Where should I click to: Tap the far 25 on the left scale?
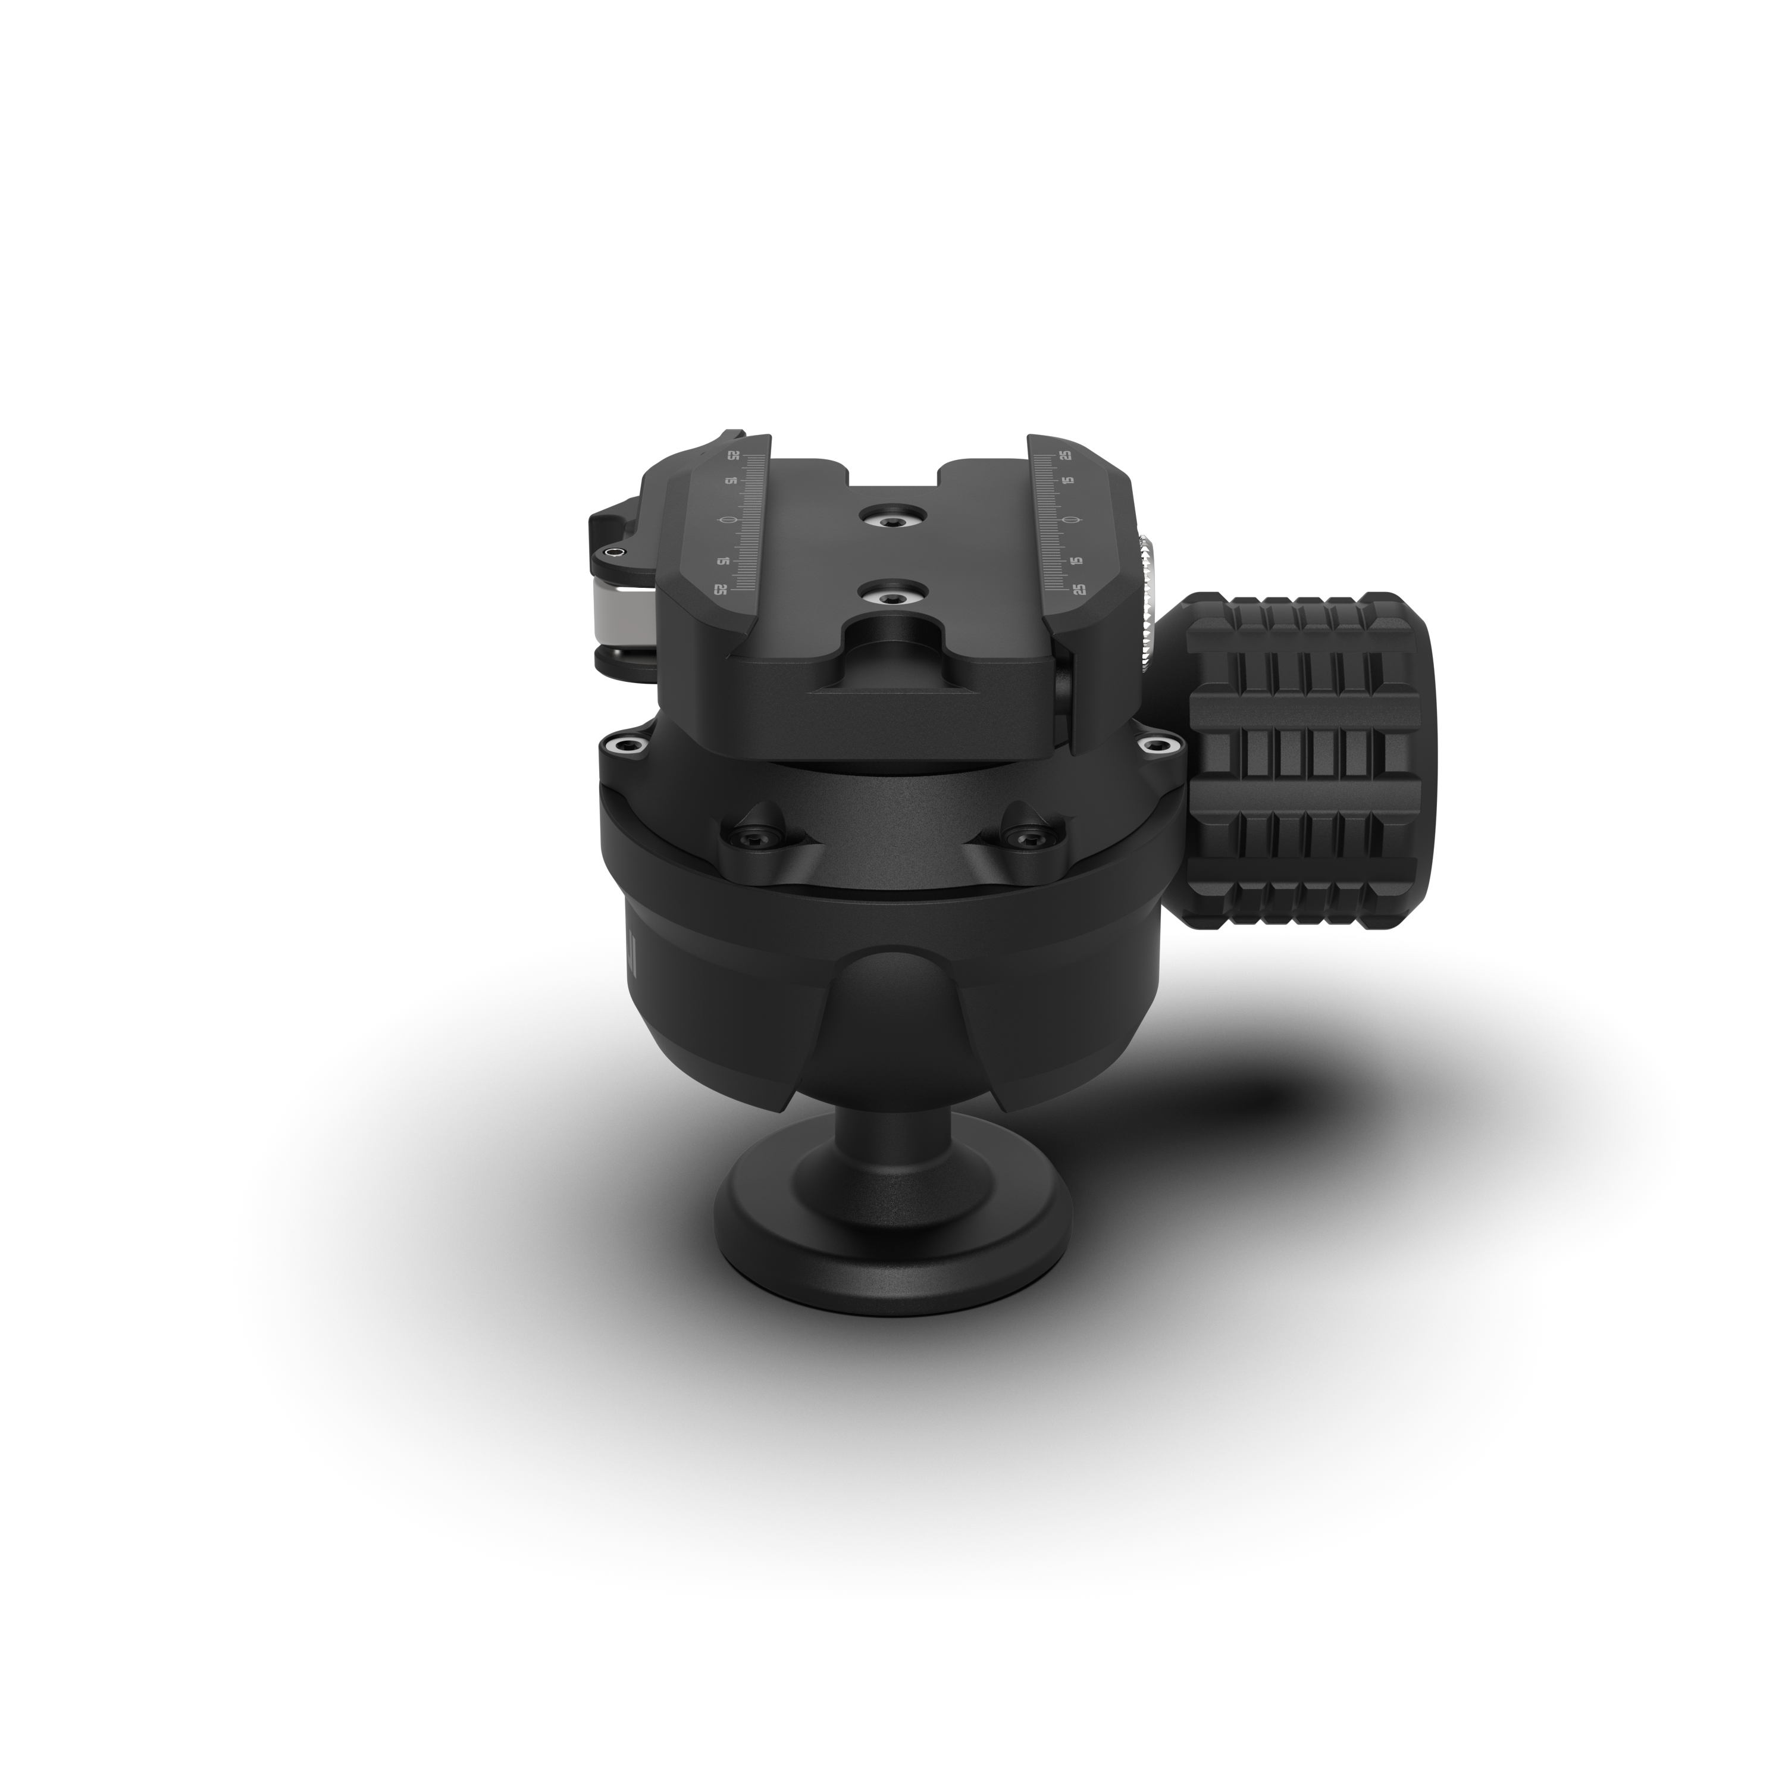pos(734,456)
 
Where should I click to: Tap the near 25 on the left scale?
pos(721,588)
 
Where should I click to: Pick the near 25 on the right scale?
pos(1078,588)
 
